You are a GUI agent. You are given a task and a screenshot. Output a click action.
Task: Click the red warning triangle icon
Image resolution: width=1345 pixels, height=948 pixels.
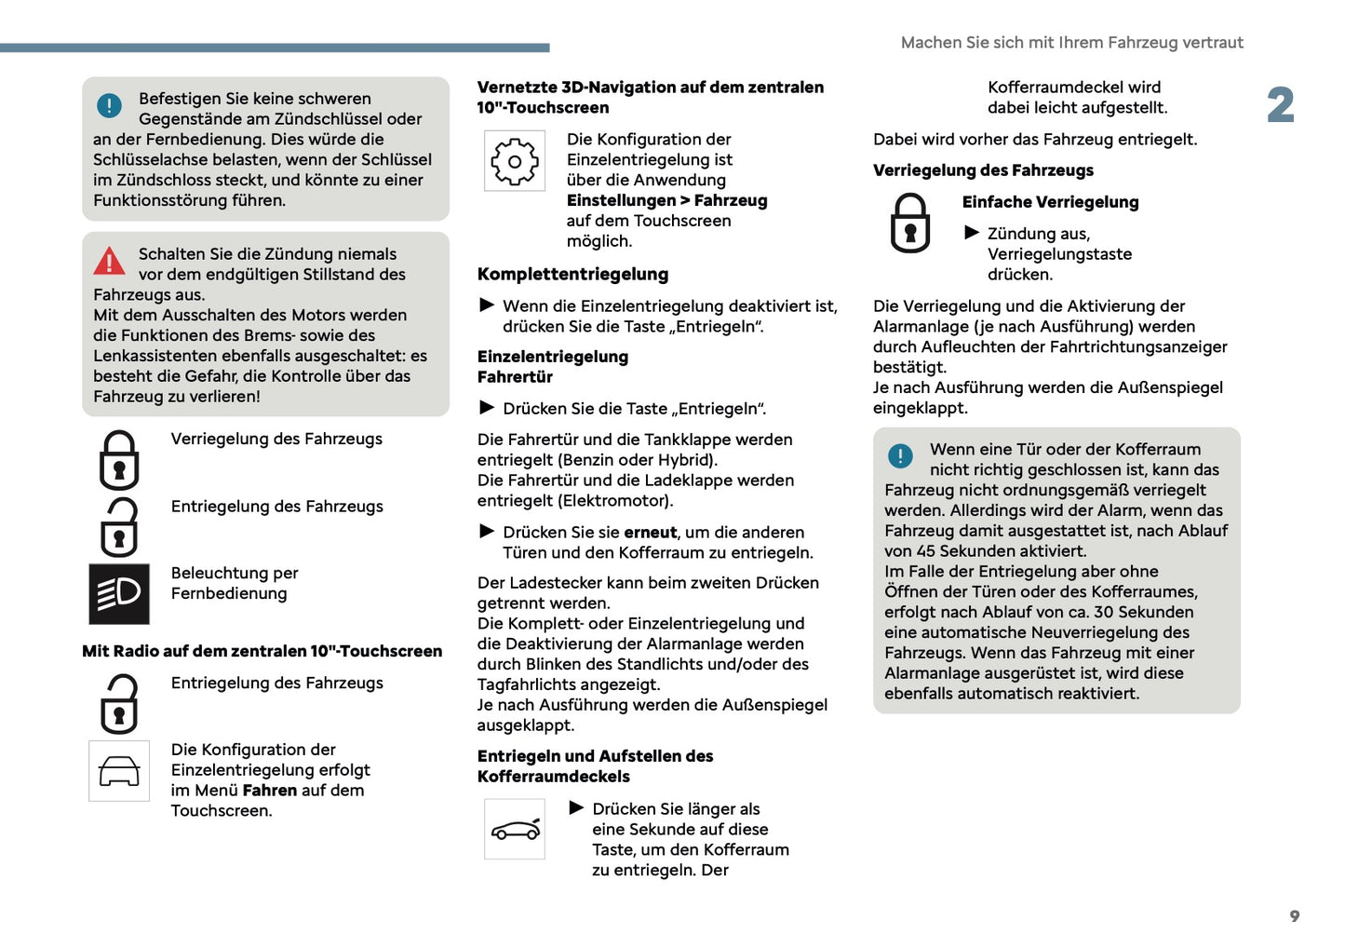tap(109, 261)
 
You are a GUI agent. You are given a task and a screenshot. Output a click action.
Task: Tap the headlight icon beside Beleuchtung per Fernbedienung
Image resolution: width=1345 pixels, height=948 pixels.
tap(119, 593)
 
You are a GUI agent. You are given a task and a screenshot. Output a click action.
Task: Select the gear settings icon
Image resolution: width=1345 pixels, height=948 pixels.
tap(515, 161)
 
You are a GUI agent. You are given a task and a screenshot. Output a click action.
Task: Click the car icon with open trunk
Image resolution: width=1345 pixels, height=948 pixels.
tap(515, 829)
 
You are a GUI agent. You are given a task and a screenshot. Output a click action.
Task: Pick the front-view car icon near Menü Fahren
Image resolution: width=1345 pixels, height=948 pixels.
tap(119, 771)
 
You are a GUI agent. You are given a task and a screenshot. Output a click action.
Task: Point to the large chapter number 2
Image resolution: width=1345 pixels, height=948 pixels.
tap(1280, 105)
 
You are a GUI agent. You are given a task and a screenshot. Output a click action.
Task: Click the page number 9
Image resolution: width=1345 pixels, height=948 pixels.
tap(1294, 916)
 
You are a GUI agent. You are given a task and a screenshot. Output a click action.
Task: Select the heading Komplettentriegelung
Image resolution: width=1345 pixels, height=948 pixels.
tap(572, 275)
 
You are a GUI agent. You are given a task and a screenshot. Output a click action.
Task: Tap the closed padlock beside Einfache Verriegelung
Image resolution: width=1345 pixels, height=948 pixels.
tap(909, 223)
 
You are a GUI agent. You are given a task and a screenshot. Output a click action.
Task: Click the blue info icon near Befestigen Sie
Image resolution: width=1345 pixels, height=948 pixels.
tap(109, 105)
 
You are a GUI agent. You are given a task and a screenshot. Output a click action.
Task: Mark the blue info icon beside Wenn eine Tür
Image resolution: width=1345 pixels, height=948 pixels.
tap(900, 456)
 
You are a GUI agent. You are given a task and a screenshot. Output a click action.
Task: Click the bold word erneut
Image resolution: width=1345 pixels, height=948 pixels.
tap(650, 533)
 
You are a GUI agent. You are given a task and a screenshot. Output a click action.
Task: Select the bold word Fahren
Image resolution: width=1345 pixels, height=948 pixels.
tap(270, 791)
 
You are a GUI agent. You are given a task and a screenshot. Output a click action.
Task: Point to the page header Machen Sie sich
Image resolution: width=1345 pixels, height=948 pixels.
tap(1071, 43)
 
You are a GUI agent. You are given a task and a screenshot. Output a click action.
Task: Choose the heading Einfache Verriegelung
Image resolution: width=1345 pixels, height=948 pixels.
tap(1050, 202)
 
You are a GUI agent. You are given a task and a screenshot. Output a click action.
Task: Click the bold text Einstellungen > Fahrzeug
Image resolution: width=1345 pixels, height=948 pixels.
tap(666, 201)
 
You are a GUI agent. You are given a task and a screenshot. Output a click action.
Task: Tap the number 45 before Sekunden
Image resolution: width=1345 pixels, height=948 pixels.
tap(925, 551)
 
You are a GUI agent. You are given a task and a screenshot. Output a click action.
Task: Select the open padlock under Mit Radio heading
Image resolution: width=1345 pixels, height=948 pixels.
tap(119, 704)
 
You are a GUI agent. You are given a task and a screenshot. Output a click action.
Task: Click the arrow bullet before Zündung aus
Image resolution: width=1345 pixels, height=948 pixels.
tap(972, 233)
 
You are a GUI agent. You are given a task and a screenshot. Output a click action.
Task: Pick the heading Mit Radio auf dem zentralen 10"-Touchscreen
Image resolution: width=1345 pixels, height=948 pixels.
tap(262, 652)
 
